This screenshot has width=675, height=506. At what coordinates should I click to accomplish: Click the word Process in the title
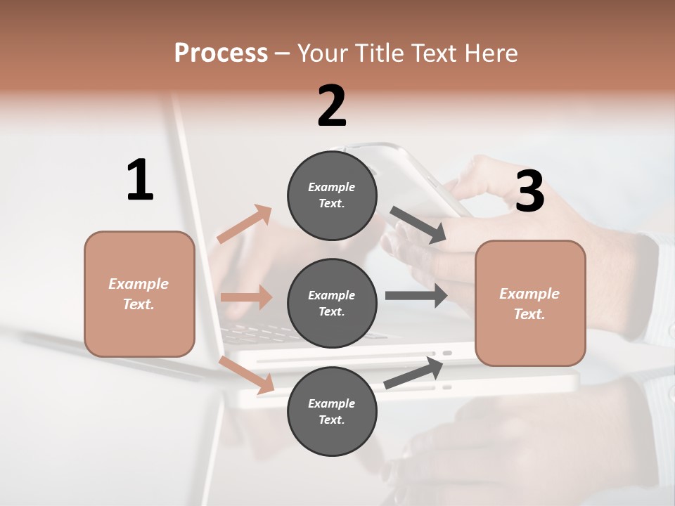point(221,53)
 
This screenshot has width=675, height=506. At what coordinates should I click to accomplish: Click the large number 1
point(140,180)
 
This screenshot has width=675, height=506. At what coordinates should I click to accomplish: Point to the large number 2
point(332,106)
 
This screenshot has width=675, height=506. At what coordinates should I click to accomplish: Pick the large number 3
point(529,191)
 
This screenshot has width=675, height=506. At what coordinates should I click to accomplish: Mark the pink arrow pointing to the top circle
point(245,224)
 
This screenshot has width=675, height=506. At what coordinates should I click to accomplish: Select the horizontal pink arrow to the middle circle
point(246,297)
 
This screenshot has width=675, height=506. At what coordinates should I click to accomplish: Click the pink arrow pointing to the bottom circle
point(247,375)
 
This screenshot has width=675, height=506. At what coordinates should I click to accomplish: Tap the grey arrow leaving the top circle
point(418,225)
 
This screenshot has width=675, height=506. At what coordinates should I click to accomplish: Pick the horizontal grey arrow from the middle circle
point(416,295)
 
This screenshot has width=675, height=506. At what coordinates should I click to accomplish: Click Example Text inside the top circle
point(332,195)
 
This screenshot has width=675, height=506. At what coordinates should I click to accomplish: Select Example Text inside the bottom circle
point(332,412)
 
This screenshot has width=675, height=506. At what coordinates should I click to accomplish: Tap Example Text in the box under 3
point(529,304)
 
